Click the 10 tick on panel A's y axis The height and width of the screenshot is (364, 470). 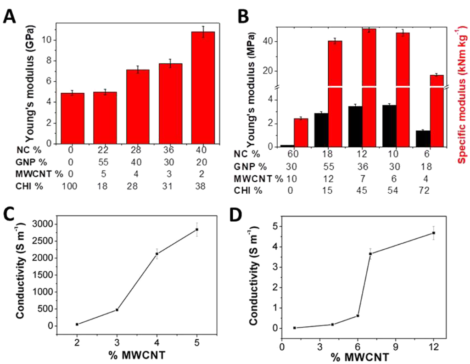pos(47,40)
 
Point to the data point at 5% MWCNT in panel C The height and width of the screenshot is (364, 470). pos(197,229)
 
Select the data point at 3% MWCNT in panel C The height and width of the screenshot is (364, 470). pos(117,310)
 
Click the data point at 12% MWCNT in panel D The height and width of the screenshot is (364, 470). pos(433,233)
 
